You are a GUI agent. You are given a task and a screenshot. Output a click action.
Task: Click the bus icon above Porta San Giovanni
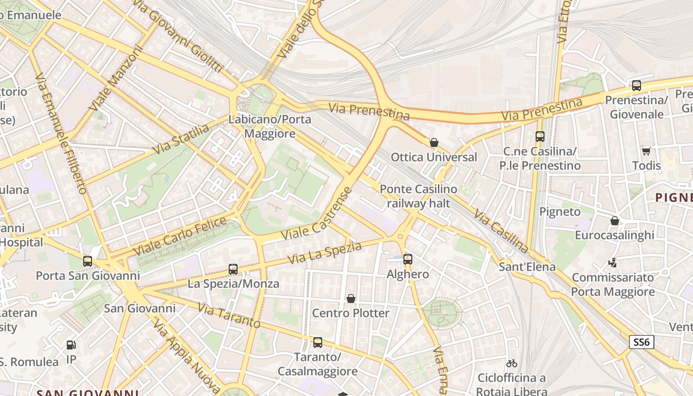click(x=88, y=261)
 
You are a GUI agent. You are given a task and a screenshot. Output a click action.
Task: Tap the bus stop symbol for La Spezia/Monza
click(x=233, y=269)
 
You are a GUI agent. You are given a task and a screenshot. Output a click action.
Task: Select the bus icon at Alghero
click(x=408, y=259)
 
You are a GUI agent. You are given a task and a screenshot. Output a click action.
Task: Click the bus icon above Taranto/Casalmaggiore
click(x=318, y=342)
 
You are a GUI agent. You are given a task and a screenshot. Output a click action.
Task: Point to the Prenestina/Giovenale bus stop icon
click(x=637, y=85)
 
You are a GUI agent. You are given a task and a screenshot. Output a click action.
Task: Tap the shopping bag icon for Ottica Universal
click(x=434, y=143)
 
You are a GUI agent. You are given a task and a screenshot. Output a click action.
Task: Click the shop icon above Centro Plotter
click(x=351, y=298)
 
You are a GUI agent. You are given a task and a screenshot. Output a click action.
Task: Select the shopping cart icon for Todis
click(x=646, y=151)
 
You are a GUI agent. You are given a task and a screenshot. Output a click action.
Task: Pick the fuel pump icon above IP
click(x=71, y=345)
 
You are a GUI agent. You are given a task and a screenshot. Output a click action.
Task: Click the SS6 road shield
click(x=642, y=342)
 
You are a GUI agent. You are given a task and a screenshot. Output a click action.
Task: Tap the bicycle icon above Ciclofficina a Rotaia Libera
click(x=512, y=363)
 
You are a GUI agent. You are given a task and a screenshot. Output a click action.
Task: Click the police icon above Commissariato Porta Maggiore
click(x=613, y=263)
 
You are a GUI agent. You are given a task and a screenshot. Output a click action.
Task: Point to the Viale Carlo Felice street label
click(x=180, y=236)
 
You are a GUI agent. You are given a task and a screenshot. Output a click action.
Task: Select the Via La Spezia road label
click(x=324, y=252)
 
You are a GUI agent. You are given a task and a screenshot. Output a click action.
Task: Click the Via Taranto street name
click(x=229, y=316)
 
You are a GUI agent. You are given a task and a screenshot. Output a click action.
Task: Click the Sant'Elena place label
click(x=527, y=267)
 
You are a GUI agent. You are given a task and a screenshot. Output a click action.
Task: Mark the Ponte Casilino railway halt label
click(x=418, y=196)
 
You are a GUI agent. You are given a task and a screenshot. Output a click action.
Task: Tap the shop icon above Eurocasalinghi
click(x=614, y=221)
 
